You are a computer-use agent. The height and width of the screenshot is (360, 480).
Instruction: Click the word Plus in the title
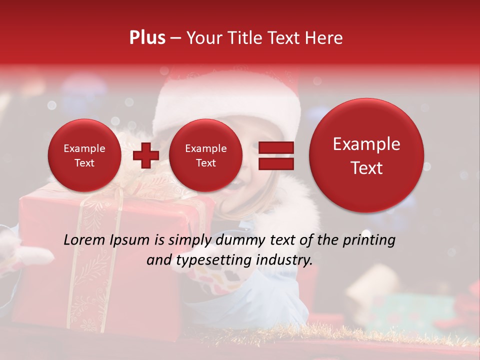click(x=147, y=38)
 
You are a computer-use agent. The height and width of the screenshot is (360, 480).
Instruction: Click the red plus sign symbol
click(x=145, y=155)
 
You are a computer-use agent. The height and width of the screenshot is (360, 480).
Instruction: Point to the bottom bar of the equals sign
click(x=275, y=163)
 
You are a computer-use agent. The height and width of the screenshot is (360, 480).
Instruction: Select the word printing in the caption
click(x=368, y=240)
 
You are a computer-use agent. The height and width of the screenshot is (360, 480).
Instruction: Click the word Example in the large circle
click(x=366, y=144)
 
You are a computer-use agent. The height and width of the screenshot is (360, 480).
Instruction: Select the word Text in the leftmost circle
click(x=84, y=163)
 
